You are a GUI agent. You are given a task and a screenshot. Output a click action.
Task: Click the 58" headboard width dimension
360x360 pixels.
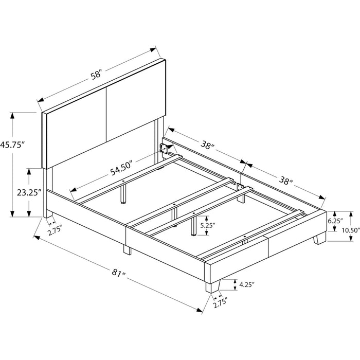point(96,75)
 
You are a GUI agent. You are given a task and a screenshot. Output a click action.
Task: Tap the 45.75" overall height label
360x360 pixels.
point(12,145)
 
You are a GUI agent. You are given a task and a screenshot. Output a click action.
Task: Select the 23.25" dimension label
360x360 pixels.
point(29,192)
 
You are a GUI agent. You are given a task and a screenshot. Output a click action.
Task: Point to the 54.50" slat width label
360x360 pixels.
point(121,168)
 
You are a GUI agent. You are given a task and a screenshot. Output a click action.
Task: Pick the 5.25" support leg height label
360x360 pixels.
point(208,225)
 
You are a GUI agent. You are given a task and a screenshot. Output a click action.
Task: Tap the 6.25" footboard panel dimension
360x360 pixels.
point(335,221)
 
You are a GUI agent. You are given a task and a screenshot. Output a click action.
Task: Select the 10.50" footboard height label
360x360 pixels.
point(350,230)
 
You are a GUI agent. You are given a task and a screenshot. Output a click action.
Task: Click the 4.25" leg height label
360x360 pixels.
point(247,285)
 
